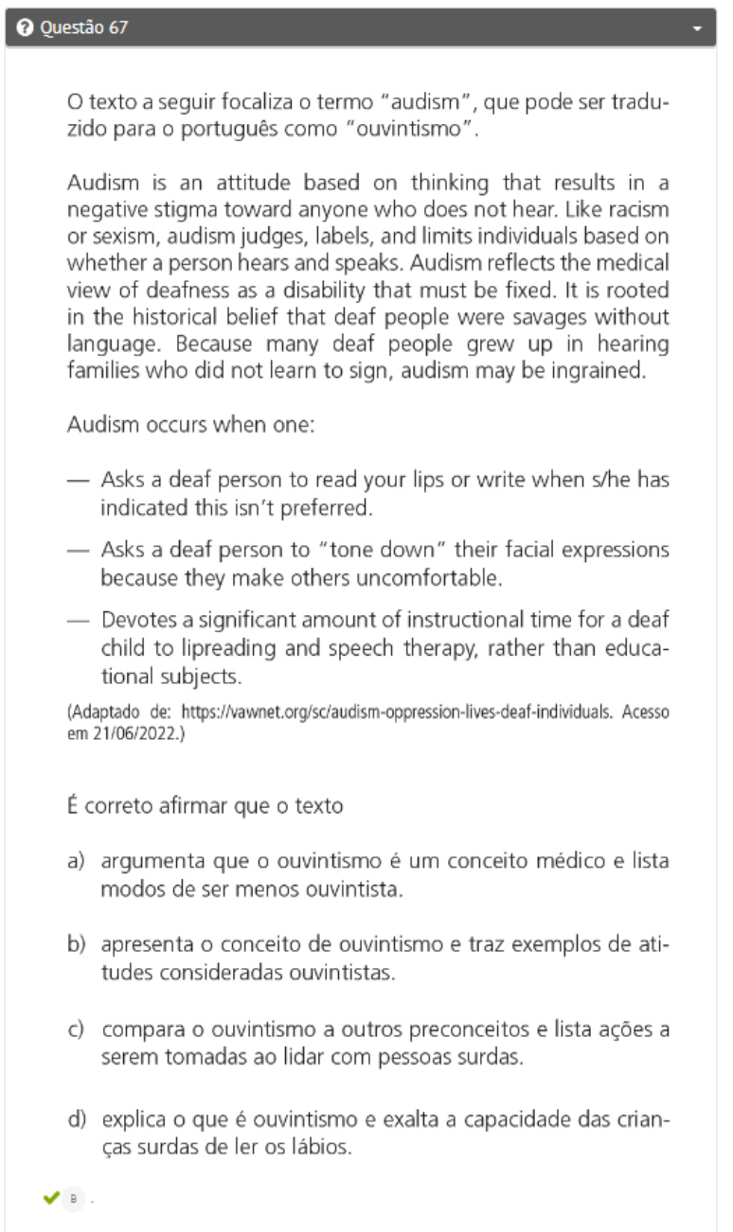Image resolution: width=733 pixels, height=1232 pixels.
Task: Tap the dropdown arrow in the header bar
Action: coord(698,29)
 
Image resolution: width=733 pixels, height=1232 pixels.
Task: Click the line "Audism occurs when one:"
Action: coord(190,425)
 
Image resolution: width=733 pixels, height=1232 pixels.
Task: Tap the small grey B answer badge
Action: coord(74,1200)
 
